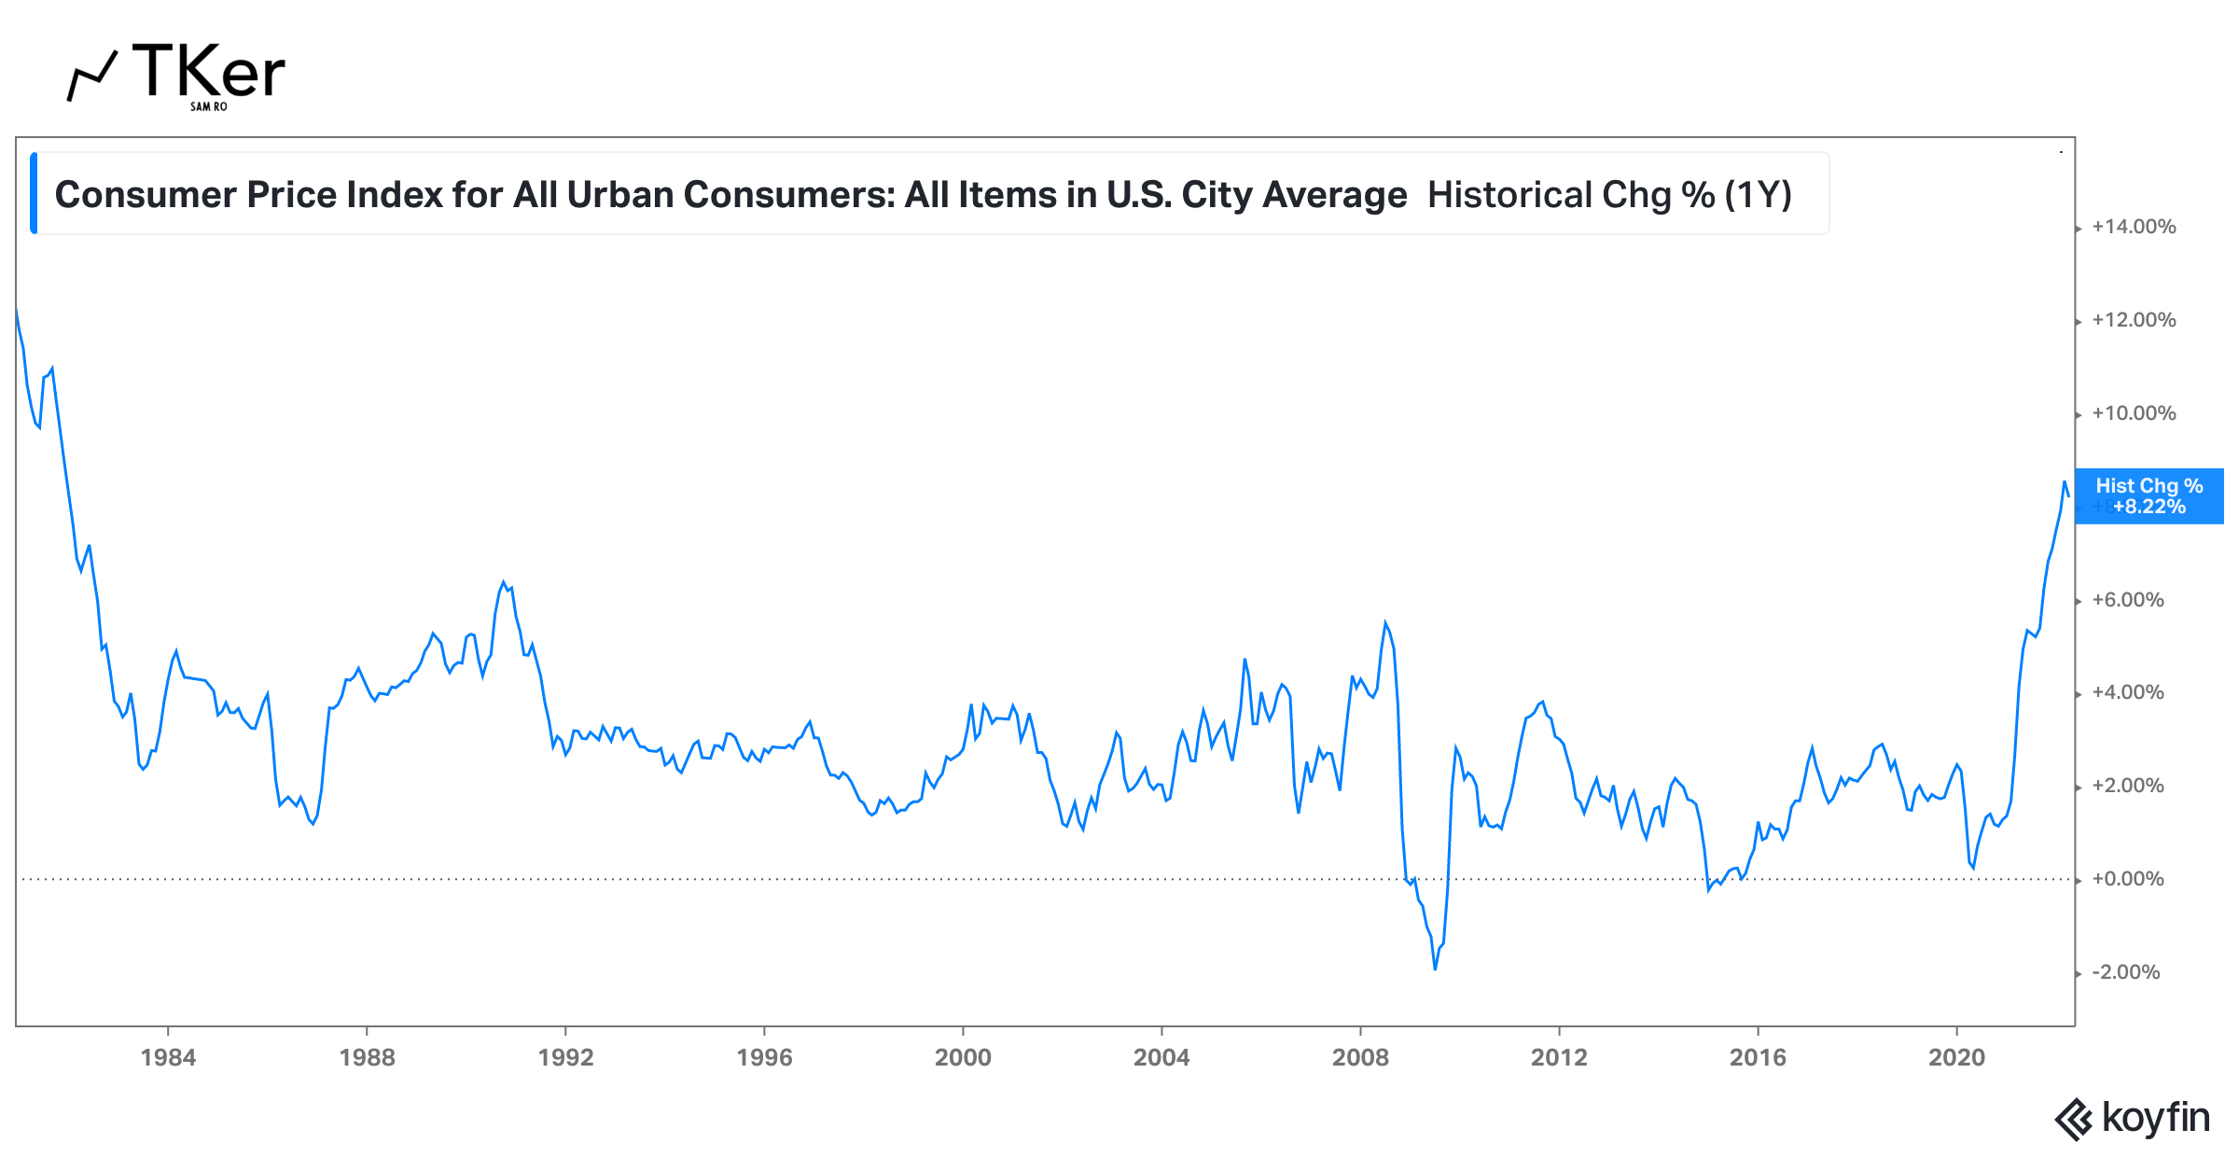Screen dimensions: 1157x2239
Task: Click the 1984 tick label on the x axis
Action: click(x=168, y=1057)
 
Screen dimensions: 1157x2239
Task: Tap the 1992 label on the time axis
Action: click(x=565, y=1057)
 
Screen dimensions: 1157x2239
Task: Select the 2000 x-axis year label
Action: click(x=963, y=1057)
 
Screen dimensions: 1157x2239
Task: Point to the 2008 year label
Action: click(x=1360, y=1057)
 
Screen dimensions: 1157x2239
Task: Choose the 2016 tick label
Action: click(x=1758, y=1057)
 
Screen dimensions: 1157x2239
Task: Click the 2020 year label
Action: click(x=1956, y=1057)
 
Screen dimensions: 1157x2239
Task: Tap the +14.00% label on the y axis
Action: click(x=2134, y=227)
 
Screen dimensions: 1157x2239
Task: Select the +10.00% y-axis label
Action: click(x=2134, y=413)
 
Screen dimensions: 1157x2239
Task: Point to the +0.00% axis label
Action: click(x=2127, y=879)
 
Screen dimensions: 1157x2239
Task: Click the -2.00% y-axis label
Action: click(x=2126, y=972)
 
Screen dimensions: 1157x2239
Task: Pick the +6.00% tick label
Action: click(x=2127, y=600)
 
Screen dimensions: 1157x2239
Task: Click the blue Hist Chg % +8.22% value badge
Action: click(x=2149, y=496)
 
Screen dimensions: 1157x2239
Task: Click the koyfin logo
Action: click(x=2133, y=1118)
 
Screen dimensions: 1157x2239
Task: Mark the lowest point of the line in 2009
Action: click(x=1435, y=969)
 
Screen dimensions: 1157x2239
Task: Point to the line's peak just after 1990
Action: click(x=504, y=582)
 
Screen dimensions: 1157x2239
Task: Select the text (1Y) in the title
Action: click(x=1758, y=195)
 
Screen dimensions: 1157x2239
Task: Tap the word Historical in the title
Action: click(x=1509, y=195)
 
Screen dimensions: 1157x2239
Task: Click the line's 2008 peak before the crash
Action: click(x=1385, y=622)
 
